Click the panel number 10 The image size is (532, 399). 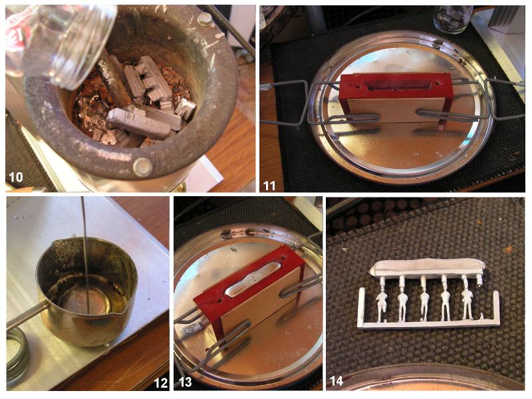click(15, 177)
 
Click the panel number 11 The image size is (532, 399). click(269, 186)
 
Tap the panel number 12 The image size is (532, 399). click(160, 383)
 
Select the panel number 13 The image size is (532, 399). click(186, 382)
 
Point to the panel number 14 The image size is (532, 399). click(336, 381)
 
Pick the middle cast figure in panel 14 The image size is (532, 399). click(424, 301)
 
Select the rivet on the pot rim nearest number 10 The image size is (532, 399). click(142, 167)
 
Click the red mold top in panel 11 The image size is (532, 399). click(396, 86)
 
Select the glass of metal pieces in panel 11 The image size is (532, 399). click(452, 19)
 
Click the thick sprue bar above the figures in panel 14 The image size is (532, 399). click(428, 267)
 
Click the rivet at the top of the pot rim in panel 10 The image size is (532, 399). click(205, 19)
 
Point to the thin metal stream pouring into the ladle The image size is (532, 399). click(85, 255)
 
